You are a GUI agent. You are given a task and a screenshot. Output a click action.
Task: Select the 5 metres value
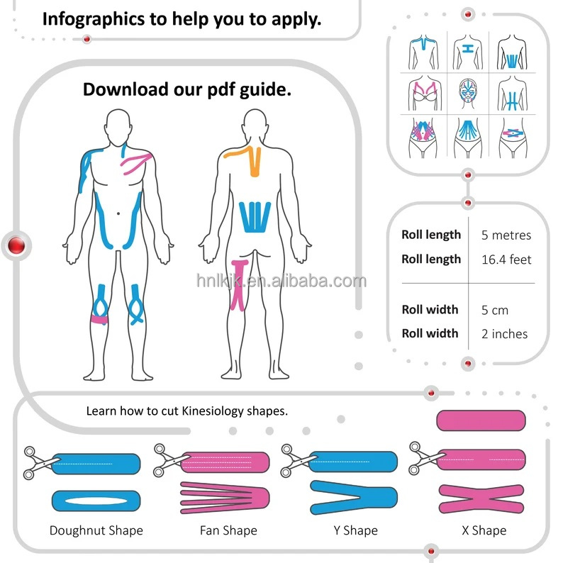pyautogui.click(x=506, y=235)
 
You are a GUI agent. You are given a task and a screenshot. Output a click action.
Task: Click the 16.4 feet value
pyautogui.click(x=506, y=260)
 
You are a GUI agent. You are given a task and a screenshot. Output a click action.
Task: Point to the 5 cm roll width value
pyautogui.click(x=494, y=310)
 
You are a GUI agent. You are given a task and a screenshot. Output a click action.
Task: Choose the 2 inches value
pyautogui.click(x=504, y=334)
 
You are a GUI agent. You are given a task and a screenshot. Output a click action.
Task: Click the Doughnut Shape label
pyautogui.click(x=96, y=530)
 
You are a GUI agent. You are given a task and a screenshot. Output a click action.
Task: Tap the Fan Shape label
pyautogui.click(x=228, y=530)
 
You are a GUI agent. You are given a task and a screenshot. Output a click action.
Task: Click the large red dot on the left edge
pyautogui.click(x=14, y=245)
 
